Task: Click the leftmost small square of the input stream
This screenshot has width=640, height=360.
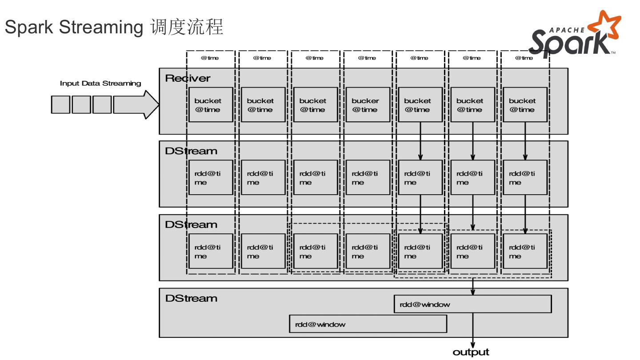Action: (60, 104)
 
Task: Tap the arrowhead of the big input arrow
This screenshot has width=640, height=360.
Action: (151, 104)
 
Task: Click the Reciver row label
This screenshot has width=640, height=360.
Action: (188, 78)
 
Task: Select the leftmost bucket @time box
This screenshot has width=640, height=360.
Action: (211, 105)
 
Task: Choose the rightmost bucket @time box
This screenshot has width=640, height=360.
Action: (525, 105)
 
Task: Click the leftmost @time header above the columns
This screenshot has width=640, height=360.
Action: (210, 58)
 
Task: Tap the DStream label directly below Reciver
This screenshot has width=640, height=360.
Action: (191, 151)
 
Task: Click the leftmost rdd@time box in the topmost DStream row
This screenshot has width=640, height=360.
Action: (211, 177)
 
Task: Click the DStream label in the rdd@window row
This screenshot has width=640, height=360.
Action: (191, 298)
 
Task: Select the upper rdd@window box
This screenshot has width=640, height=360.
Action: (472, 304)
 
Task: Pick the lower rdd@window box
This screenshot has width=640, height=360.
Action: (368, 324)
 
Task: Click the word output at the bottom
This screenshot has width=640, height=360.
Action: (471, 352)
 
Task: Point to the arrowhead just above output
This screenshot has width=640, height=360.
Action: (472, 345)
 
